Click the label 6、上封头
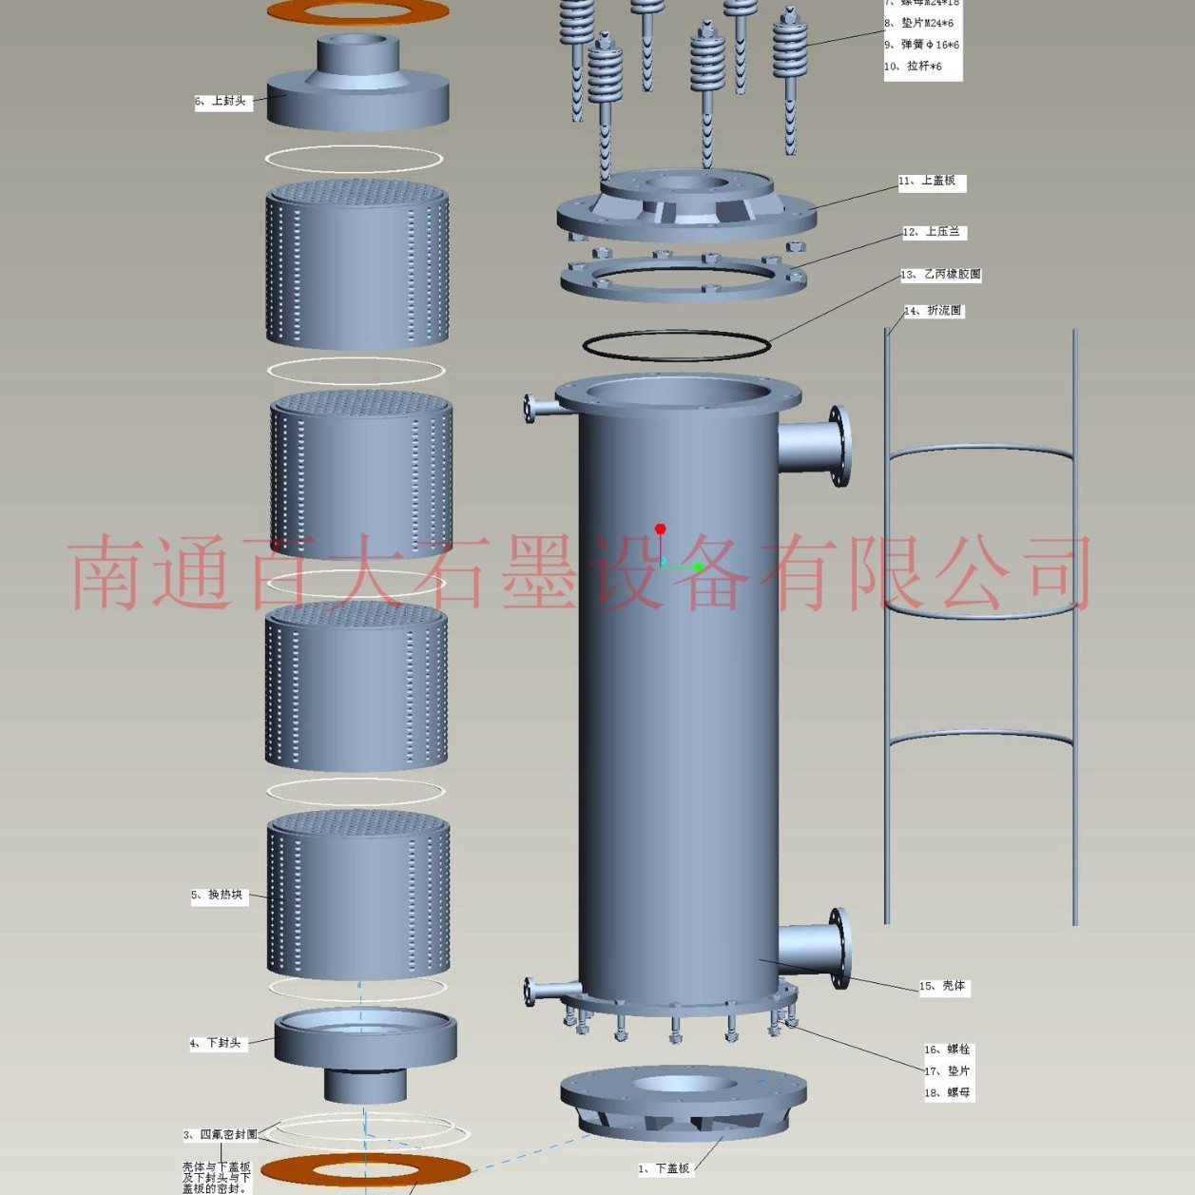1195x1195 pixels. coord(223,101)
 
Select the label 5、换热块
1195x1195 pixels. coord(219,895)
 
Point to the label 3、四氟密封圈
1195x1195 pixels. coord(221,1134)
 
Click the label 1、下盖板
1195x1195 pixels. coord(665,1168)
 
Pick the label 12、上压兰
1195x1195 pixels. coord(934,232)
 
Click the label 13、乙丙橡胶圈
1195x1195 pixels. coord(941,275)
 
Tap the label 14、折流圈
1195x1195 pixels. coord(934,311)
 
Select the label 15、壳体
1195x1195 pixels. coord(943,986)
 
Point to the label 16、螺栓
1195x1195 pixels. coord(948,1050)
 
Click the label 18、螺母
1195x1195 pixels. coord(948,1093)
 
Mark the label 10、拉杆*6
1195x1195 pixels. coord(915,67)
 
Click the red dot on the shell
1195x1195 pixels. coord(661,529)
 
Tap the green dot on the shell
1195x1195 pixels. coord(699,568)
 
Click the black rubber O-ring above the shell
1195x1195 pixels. coord(676,345)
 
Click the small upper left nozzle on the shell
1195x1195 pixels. coord(540,408)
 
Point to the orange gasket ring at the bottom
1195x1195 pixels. coord(365,1169)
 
